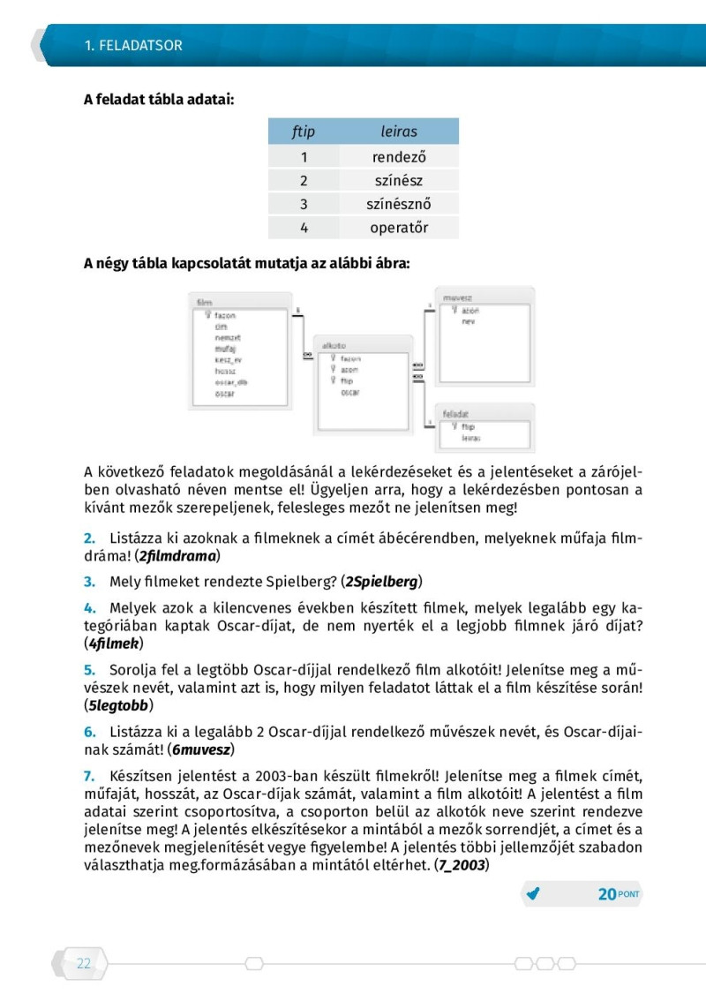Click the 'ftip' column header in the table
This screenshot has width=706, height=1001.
(303, 132)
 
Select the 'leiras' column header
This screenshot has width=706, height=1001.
(399, 132)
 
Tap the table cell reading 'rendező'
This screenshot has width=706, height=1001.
(399, 157)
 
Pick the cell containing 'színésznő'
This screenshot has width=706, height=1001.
(399, 204)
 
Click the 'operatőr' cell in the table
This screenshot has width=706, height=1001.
(399, 228)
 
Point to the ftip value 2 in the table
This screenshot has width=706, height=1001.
(303, 180)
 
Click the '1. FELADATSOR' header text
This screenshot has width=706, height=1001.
(133, 45)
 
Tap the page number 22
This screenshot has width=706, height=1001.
(84, 963)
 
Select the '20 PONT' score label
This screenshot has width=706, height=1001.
(618, 894)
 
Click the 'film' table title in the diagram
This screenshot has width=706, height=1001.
(205, 303)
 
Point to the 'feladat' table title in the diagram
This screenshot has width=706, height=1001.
(456, 412)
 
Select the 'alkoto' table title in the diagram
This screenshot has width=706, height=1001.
(334, 345)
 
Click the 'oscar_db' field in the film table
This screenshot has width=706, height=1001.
(231, 382)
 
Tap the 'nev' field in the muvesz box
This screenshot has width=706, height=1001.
(468, 322)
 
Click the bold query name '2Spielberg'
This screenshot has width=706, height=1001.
(382, 581)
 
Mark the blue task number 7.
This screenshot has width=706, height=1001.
(88, 776)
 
